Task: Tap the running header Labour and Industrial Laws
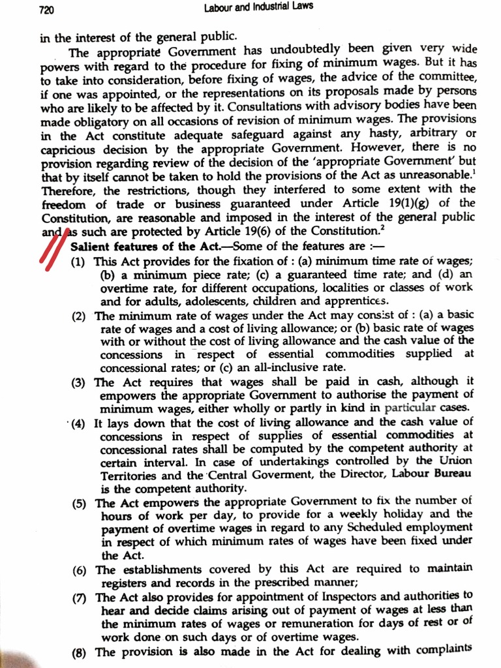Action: (x=258, y=7)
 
